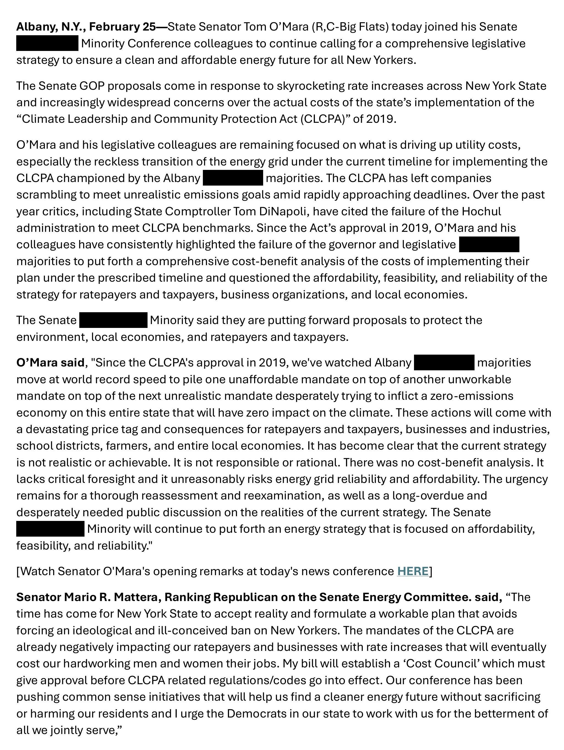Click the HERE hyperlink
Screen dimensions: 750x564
[413, 571]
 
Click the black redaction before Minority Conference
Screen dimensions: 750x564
[47, 44]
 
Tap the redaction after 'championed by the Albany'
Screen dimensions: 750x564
[233, 178]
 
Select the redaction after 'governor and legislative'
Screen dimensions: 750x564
[489, 245]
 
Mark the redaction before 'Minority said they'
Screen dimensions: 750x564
[113, 320]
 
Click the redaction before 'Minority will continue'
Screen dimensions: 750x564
[50, 529]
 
